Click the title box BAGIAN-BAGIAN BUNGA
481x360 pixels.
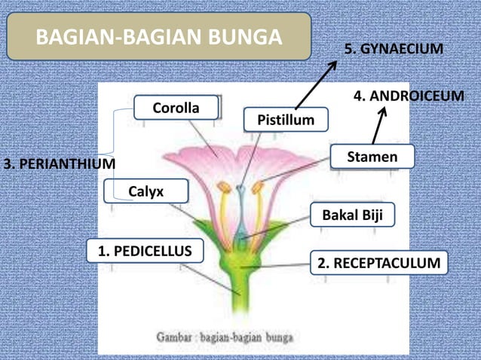(x=159, y=36)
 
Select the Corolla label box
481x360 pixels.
(x=176, y=108)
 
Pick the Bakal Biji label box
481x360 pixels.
(x=352, y=215)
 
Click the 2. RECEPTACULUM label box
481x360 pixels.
(x=378, y=263)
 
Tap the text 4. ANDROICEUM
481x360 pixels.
(x=409, y=96)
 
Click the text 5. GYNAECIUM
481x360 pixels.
(x=393, y=49)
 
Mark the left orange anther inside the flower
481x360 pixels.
(x=225, y=184)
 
